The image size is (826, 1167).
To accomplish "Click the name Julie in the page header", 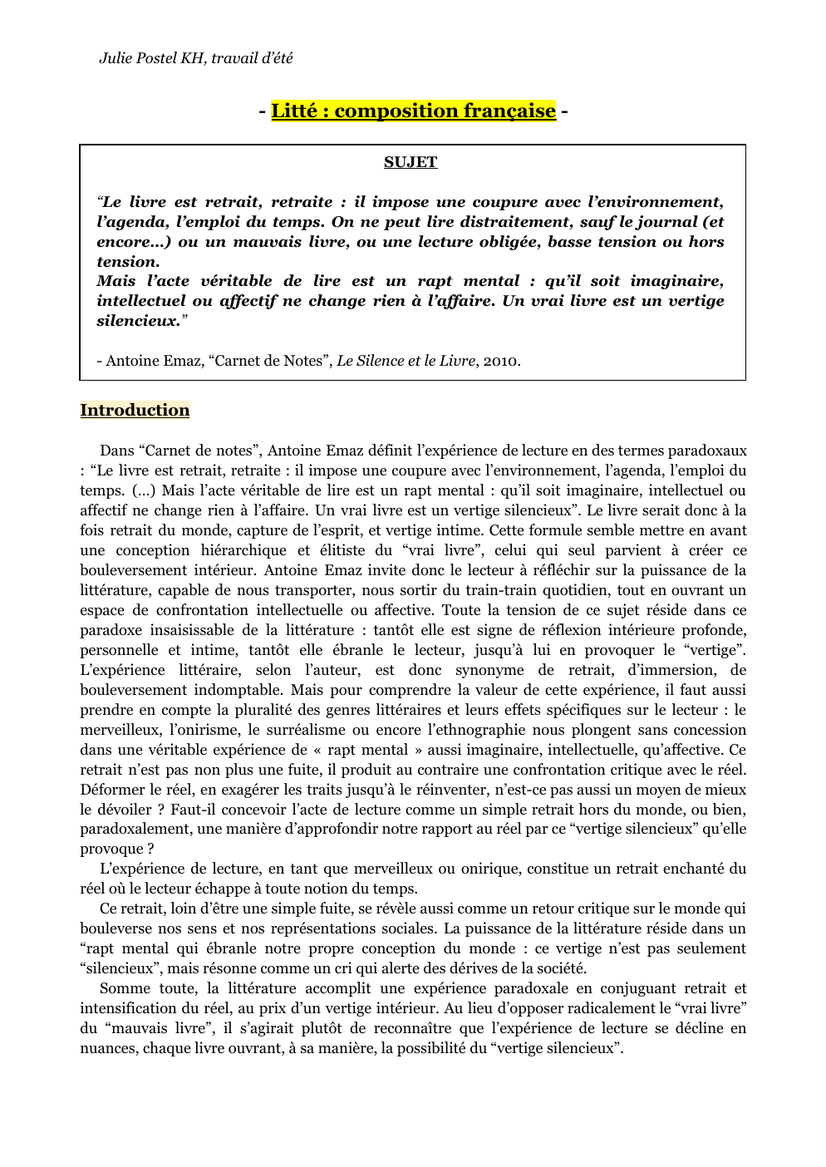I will click(x=117, y=58).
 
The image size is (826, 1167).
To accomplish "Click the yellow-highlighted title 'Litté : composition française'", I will click(x=413, y=111).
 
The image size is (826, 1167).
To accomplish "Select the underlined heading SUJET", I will click(x=411, y=162).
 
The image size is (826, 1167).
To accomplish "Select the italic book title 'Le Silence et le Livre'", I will click(x=406, y=361).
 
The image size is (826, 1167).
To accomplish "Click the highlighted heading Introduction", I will click(x=135, y=410).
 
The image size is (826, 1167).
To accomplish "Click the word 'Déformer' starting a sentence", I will click(x=110, y=790).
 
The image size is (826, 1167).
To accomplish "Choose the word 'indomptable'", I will click(x=237, y=690).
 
